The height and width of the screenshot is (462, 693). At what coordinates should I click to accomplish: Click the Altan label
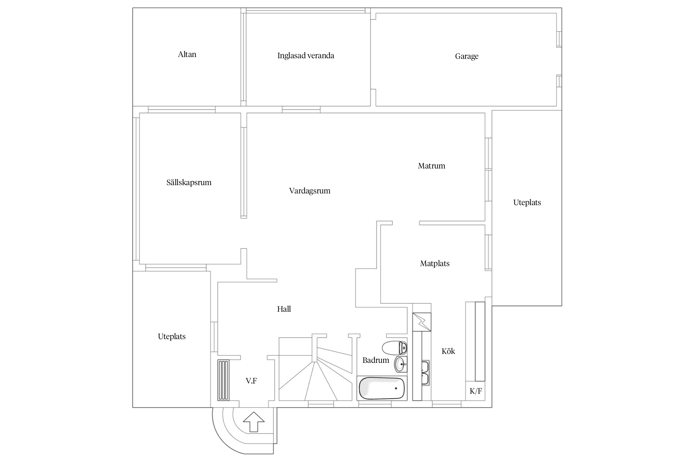187,55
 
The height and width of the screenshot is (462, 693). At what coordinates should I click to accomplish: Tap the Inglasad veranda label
306,56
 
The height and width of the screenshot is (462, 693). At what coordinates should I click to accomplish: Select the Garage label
467,56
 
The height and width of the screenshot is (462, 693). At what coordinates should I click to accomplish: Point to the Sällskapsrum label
189,182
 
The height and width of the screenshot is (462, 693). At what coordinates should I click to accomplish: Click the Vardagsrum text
310,191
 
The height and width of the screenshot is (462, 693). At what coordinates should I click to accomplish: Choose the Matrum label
432,166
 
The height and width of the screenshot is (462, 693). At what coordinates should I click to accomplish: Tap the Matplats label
435,264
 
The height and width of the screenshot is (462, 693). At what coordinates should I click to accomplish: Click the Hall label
284,309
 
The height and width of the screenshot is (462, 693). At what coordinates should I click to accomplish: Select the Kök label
448,351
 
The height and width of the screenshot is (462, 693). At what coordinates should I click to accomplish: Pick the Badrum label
375,360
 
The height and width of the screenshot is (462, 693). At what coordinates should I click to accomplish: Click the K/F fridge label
476,391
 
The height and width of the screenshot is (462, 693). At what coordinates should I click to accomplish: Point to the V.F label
251,381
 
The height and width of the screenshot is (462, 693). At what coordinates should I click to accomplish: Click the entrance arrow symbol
254,422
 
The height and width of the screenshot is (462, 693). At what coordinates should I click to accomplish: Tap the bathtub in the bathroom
382,388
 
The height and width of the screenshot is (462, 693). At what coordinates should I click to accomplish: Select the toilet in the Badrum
395,348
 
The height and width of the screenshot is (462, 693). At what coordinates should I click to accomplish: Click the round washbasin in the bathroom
401,364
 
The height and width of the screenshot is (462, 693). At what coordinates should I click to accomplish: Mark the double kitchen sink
425,373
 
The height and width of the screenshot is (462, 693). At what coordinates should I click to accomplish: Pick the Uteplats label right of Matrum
527,203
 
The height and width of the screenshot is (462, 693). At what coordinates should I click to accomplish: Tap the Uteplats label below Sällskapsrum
172,337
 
